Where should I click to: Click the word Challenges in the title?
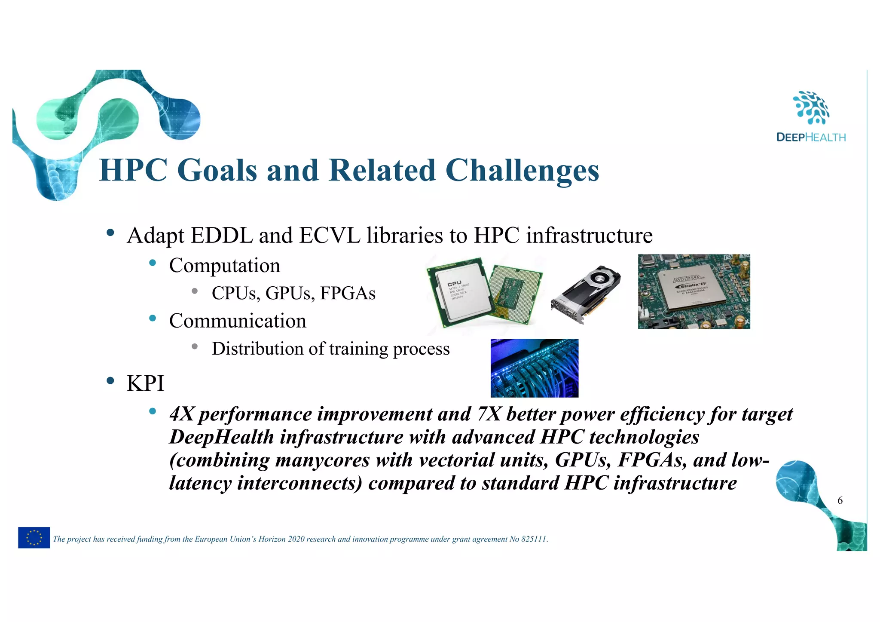(522, 171)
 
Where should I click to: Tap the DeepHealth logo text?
(811, 138)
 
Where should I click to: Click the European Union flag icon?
(34, 537)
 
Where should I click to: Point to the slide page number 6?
(840, 500)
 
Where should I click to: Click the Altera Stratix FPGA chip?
(691, 290)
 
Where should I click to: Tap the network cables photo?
(534, 368)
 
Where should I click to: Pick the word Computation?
(224, 265)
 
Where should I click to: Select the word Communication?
(238, 321)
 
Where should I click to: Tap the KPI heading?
(145, 383)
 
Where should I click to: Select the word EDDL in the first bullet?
(221, 236)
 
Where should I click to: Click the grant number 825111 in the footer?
(534, 539)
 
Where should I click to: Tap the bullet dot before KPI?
(110, 380)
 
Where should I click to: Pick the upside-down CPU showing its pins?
(516, 295)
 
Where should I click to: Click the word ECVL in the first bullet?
(330, 236)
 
